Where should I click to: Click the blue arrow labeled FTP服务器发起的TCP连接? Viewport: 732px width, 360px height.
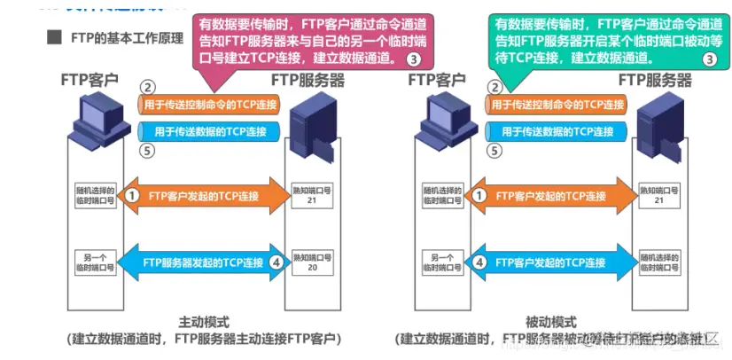pos(205,262)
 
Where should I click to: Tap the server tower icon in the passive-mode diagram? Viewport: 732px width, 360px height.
pos(657,124)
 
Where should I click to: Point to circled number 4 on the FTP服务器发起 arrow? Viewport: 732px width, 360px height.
pos(276,262)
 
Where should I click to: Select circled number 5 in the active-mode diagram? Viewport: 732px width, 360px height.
pos(148,150)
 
